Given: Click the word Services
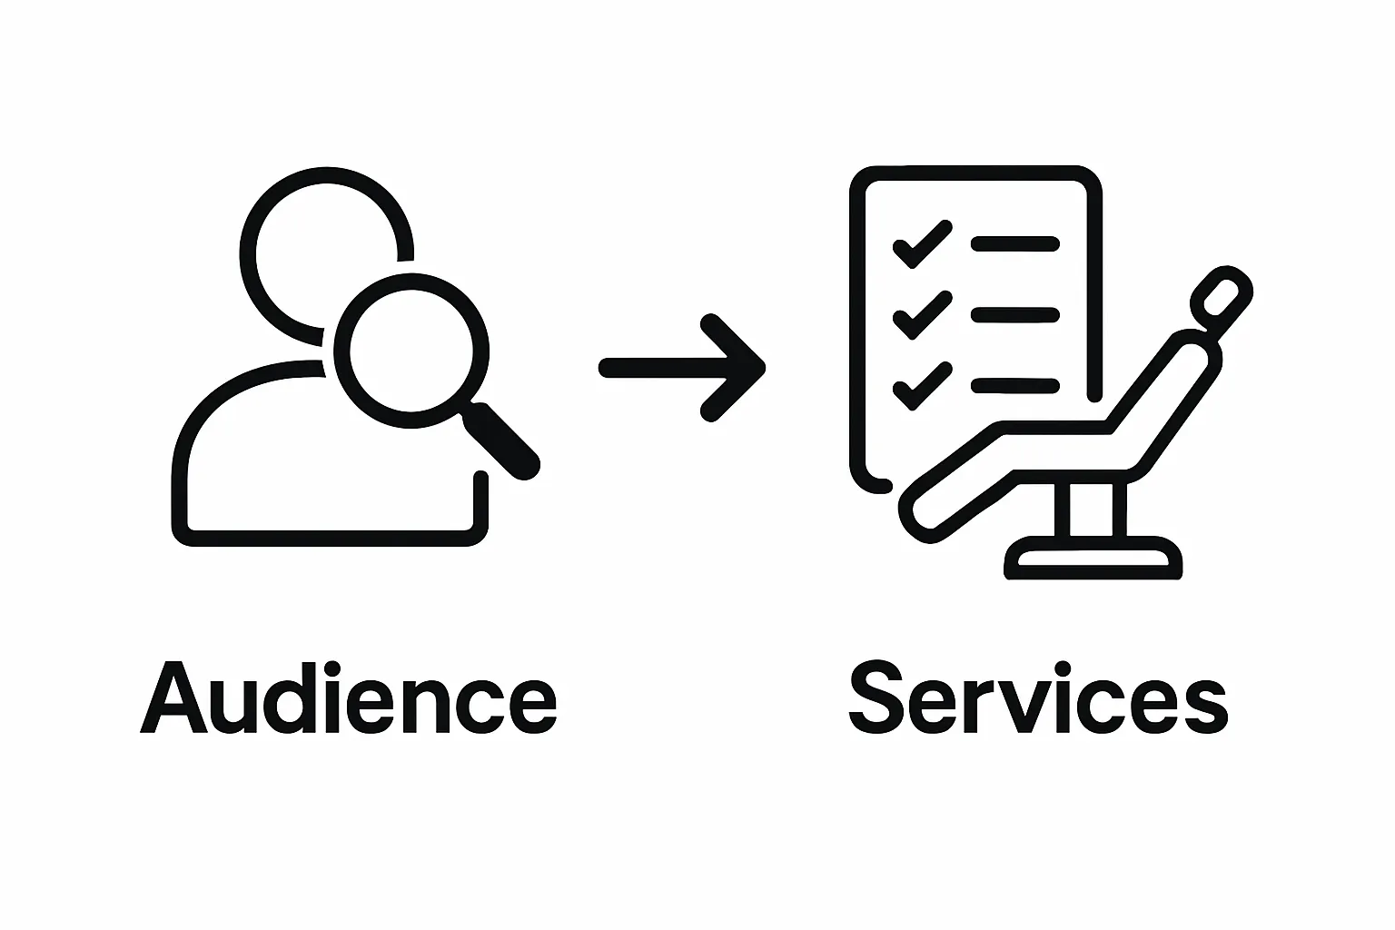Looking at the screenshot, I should (1037, 699).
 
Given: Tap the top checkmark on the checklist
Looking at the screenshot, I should (922, 243).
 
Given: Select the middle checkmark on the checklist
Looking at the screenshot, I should (922, 315).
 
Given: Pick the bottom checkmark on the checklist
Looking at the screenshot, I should (922, 386).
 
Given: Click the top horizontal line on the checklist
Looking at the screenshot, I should (1014, 243).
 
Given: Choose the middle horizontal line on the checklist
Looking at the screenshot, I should (1014, 315).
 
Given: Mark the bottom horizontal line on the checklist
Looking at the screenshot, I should (1014, 386).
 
